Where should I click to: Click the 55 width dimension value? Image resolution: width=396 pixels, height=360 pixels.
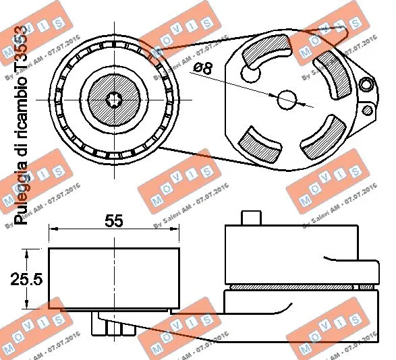[x=114, y=220]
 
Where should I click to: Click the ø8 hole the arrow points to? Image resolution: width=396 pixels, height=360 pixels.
[x=287, y=99]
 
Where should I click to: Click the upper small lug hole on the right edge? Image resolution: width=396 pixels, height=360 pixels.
[x=366, y=84]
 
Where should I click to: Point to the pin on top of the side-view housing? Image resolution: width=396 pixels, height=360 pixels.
[x=251, y=218]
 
